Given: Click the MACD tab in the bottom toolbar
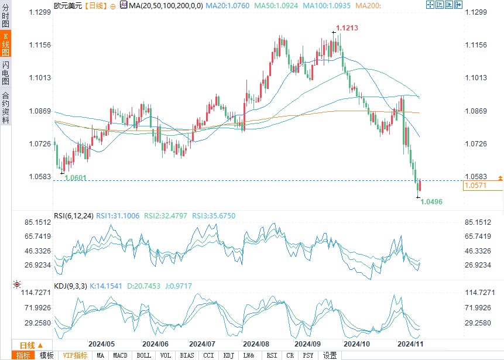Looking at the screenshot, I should (120, 355).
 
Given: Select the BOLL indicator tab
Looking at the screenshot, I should (143, 355).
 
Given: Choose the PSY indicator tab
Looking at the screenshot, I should (308, 355).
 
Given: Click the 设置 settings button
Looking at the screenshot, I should (330, 355).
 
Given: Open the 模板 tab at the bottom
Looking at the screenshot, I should (46, 355).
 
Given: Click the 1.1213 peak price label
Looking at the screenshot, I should (347, 28).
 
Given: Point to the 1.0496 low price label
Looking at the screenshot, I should (431, 201).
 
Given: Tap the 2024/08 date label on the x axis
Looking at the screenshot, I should (256, 344).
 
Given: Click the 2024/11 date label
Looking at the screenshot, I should (410, 344).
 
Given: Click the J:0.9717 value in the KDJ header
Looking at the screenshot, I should (178, 286).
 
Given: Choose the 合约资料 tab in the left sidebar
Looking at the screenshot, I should (5, 108).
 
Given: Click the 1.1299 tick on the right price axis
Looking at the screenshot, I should (476, 12).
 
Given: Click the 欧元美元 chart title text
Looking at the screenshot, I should (67, 5).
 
